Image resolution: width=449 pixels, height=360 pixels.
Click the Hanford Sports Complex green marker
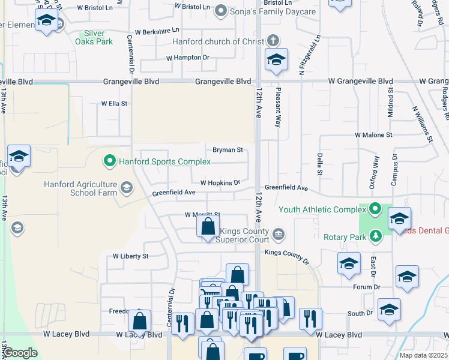109,161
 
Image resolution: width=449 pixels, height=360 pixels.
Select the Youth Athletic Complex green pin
375,209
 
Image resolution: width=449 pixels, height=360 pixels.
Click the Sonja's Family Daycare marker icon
220,10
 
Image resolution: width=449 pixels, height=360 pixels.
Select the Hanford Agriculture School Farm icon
126,188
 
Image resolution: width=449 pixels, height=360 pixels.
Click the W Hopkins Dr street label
220,182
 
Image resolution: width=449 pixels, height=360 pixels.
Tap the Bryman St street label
228,150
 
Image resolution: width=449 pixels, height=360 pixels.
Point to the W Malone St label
373,136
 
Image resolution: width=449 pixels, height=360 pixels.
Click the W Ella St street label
113,103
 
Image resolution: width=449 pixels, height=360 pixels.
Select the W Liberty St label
130,256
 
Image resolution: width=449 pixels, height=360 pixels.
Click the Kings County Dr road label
286,257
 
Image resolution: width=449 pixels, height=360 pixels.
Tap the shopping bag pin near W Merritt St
208,227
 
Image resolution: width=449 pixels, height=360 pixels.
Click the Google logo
20,353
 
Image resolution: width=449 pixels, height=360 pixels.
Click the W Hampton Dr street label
188,58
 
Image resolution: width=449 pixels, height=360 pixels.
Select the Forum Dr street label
367,287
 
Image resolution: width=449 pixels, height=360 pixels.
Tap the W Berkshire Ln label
157,31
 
